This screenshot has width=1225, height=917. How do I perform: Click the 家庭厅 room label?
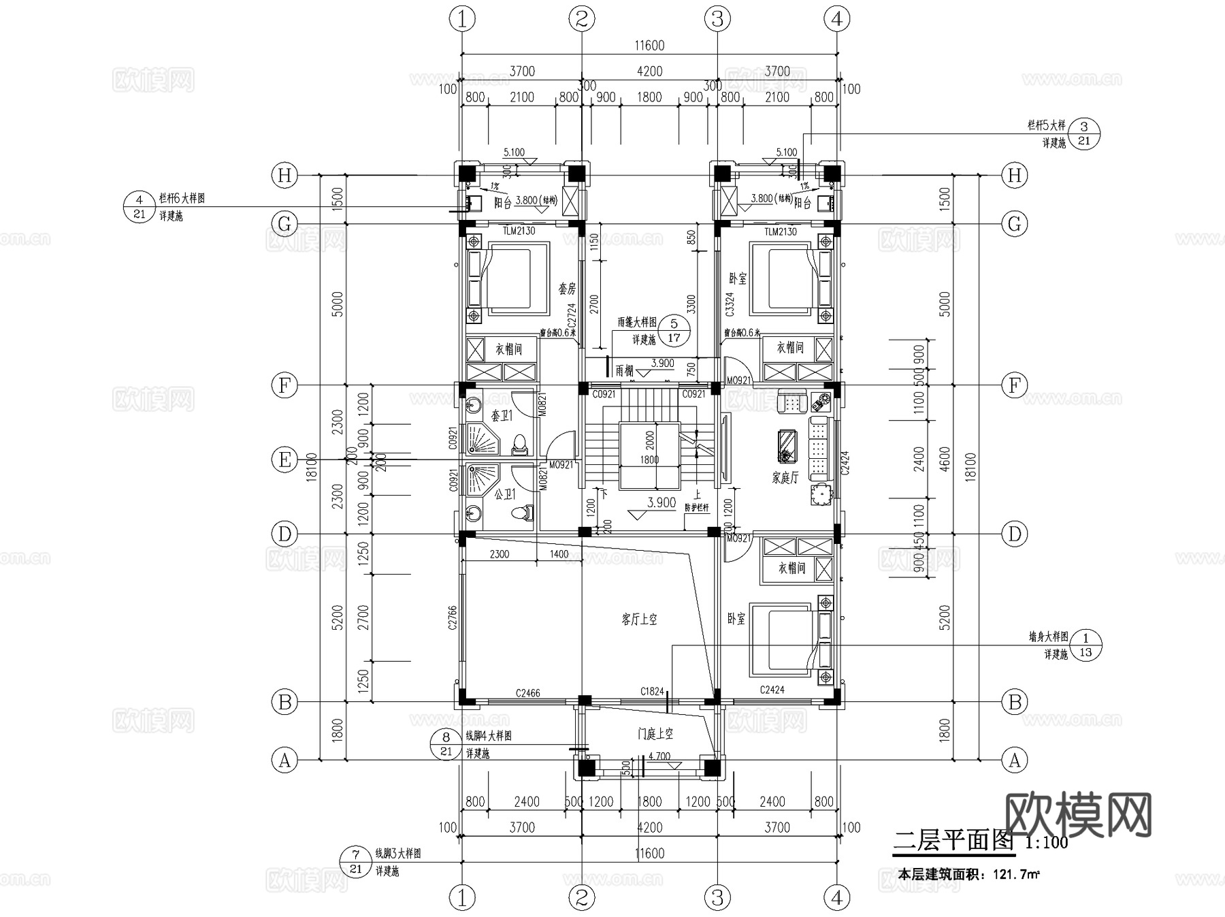(785, 478)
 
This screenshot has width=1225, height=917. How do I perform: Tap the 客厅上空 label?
(639, 620)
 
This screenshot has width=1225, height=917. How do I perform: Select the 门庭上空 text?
(655, 734)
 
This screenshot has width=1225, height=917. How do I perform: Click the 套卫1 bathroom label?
(502, 415)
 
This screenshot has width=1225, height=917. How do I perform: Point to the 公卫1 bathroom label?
(504, 494)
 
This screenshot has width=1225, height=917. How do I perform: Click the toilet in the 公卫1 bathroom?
(524, 513)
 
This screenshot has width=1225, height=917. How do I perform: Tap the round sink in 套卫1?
(474, 406)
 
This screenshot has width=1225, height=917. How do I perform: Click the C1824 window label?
(652, 692)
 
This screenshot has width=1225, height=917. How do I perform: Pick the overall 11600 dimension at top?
(649, 46)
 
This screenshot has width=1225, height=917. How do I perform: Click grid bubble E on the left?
(284, 460)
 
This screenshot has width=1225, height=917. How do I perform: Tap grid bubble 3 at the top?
(717, 19)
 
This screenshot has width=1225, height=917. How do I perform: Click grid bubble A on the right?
(1014, 760)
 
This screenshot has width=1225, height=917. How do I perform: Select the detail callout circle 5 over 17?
(674, 330)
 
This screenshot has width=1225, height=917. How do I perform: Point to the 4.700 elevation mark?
(659, 756)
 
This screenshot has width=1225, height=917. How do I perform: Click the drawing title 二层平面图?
(953, 841)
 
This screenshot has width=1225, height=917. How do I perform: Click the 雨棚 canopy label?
(624, 371)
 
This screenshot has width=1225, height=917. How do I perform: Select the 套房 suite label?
(568, 289)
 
